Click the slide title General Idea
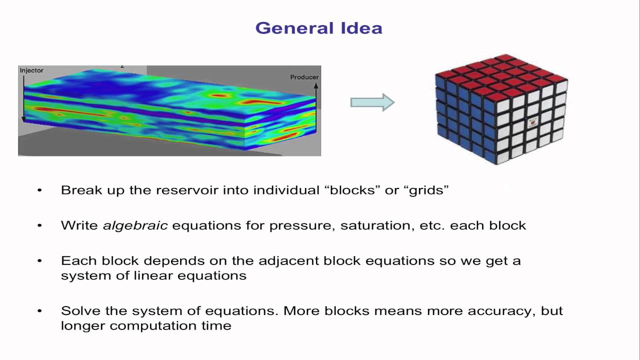pyautogui.click(x=318, y=28)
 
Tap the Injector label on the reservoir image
pyautogui.click(x=31, y=70)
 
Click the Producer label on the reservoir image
pyautogui.click(x=304, y=77)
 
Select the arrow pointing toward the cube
pyautogui.click(x=372, y=102)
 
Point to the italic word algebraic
pyautogui.click(x=135, y=225)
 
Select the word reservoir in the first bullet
pyautogui.click(x=185, y=190)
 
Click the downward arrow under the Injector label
pyautogui.click(x=23, y=100)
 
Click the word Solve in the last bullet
pyautogui.click(x=78, y=310)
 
